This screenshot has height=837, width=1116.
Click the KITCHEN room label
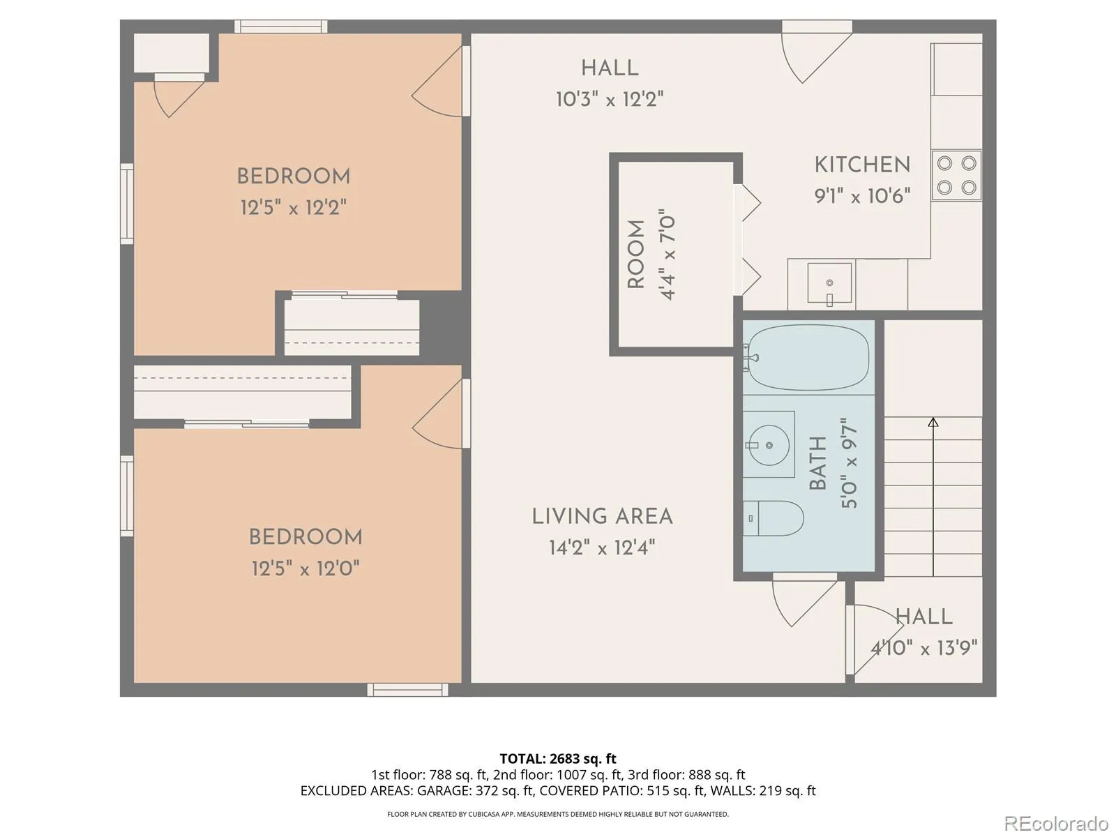click(862, 165)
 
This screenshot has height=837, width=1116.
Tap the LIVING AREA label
click(602, 517)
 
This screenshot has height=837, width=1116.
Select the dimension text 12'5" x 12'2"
click(294, 207)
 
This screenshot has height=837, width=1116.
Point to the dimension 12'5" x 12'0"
click(306, 568)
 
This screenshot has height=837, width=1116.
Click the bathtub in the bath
click(808, 357)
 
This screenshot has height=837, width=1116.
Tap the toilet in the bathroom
click(774, 518)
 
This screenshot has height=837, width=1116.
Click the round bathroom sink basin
click(769, 445)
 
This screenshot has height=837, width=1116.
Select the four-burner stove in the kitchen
click(956, 175)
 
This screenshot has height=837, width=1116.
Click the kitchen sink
click(829, 283)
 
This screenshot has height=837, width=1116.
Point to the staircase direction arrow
click(933, 497)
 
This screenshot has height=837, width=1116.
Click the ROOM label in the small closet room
click(636, 254)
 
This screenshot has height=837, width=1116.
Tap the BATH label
click(817, 462)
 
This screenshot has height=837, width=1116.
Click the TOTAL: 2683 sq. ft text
click(558, 759)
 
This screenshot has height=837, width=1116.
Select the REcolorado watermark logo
click(1057, 823)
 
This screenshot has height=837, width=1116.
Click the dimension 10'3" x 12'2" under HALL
click(610, 99)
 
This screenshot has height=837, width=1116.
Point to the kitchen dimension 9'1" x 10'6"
click(862, 196)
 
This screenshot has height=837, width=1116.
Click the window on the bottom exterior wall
click(408, 690)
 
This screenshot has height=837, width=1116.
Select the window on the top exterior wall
click(280, 27)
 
